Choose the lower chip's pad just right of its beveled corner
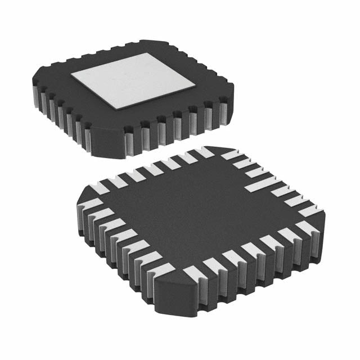[191, 272]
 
